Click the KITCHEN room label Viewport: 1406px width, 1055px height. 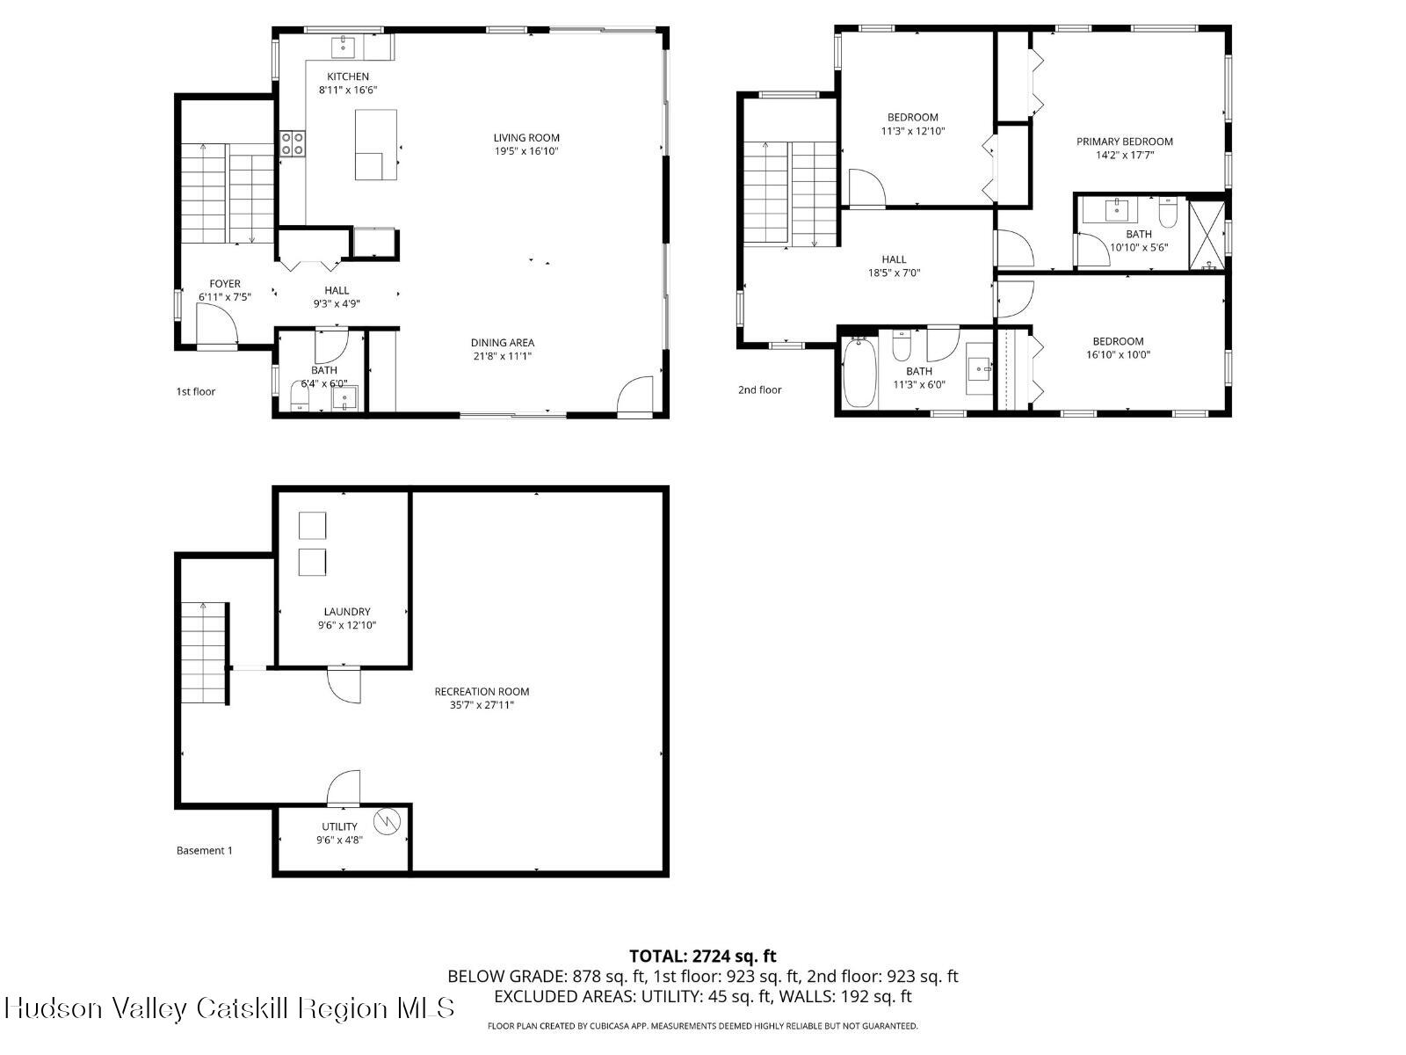348,76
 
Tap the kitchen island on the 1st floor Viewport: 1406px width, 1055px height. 375,145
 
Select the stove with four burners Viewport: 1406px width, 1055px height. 293,143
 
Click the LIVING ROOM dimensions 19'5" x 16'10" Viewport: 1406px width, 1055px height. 525,151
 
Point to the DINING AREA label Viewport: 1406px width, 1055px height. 502,343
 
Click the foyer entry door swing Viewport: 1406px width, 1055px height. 215,331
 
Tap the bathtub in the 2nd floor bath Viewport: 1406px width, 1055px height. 859,373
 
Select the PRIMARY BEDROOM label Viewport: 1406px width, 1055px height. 1124,142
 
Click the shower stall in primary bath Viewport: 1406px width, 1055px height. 1206,234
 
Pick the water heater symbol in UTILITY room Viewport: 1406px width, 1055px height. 387,822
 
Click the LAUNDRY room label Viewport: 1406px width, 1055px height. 346,612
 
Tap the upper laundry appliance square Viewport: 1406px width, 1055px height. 312,526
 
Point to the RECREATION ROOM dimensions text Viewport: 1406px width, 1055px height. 482,705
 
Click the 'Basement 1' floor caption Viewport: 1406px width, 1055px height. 205,850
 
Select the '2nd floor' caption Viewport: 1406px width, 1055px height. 759,389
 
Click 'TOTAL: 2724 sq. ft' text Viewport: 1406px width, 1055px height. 702,956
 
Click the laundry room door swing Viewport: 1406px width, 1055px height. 344,686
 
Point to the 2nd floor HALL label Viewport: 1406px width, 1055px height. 894,259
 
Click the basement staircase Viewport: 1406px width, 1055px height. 205,653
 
